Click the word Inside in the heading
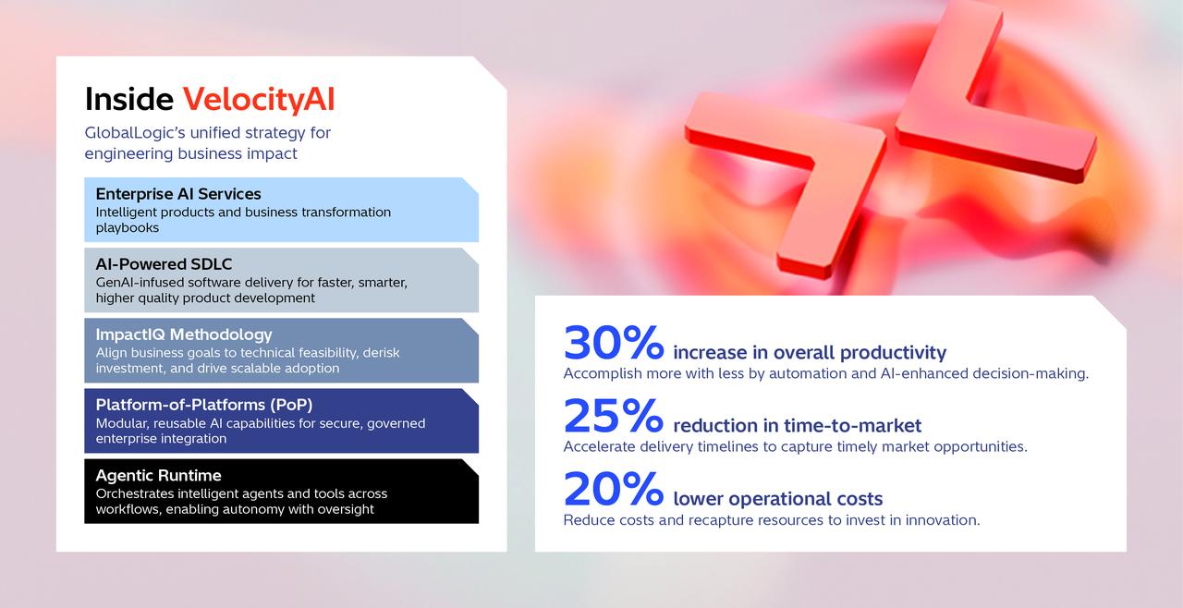128,99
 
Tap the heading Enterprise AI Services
178,194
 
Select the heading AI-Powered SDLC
165,264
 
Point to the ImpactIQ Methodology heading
184,334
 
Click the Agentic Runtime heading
158,475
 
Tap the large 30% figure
614,343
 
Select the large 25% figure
614,416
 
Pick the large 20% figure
614,490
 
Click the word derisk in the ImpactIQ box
380,353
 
